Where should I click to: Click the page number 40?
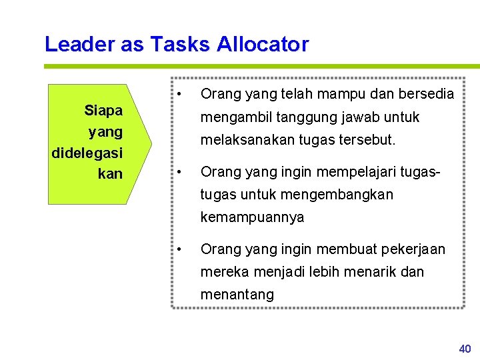pos(465,349)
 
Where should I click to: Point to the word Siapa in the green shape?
pos(103,110)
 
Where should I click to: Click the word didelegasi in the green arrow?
pos(87,153)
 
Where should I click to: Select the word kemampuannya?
pos(252,217)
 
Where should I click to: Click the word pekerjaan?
pos(414,249)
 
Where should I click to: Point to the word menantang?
pos(237,295)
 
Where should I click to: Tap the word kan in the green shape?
pos(110,174)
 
